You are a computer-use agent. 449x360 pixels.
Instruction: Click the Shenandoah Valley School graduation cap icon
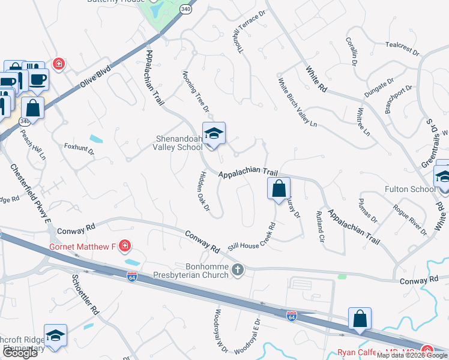214,134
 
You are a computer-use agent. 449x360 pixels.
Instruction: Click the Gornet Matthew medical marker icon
124,246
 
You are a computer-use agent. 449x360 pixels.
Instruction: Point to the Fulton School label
414,189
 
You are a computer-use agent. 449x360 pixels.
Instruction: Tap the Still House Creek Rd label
252,237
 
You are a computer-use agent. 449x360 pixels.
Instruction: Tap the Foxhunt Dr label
79,149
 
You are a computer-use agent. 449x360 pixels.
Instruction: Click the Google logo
20,352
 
